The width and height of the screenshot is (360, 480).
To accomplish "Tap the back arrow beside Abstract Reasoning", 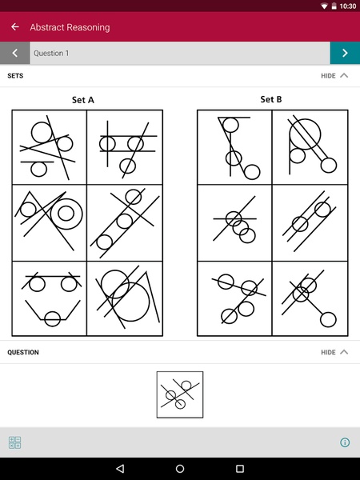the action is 15,27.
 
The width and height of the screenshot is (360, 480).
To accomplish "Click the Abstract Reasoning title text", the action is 70,27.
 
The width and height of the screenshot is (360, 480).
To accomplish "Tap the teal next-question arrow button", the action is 345,53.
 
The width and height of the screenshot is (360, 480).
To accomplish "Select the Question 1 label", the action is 51,53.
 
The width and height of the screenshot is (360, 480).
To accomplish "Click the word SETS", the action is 15,76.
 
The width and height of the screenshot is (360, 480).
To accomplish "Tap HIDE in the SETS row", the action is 328,76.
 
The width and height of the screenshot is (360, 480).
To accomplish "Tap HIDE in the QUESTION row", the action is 328,352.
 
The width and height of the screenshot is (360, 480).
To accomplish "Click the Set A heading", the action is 83,100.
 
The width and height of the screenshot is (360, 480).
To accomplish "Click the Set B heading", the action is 271,99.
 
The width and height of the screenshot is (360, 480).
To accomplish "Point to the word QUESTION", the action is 23,352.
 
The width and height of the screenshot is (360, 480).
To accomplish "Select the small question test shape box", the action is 180,394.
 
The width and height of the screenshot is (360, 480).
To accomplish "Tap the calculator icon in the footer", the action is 14,442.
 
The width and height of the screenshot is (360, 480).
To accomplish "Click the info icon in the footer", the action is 345,442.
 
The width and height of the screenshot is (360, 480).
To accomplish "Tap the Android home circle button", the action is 180,468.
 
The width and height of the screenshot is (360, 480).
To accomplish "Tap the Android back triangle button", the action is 120,468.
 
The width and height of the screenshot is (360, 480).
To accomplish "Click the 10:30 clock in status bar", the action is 348,6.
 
